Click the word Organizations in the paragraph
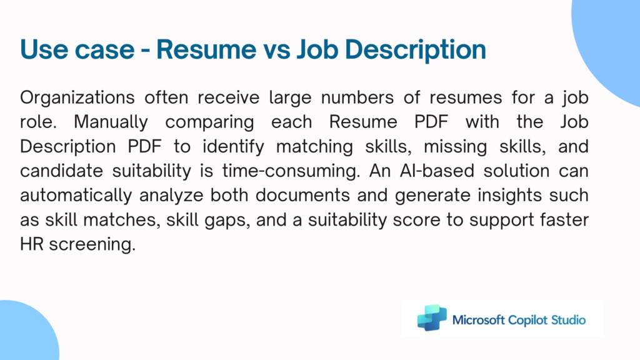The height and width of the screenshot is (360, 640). (x=77, y=98)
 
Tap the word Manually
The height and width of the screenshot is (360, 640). (x=111, y=122)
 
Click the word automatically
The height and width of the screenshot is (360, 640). (x=76, y=196)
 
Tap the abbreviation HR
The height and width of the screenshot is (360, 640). (x=32, y=244)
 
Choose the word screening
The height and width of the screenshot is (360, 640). (x=92, y=245)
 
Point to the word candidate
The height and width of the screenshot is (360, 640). (x=62, y=171)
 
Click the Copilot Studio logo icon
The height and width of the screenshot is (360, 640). (x=432, y=317)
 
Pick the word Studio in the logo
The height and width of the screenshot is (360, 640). (x=569, y=319)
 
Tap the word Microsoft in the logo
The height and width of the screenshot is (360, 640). (x=479, y=319)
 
